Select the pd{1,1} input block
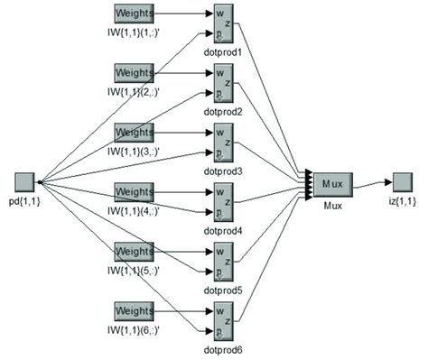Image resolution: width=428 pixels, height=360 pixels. [25, 181]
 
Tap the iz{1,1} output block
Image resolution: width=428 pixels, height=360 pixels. [403, 182]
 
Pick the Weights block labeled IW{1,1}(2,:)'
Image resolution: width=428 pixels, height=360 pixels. [134, 72]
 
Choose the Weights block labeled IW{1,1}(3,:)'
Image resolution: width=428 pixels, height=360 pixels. [134, 132]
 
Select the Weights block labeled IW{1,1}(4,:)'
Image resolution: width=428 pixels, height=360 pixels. [134, 191]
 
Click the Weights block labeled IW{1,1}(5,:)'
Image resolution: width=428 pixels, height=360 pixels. [134, 251]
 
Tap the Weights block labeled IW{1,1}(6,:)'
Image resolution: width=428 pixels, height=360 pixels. [134, 310]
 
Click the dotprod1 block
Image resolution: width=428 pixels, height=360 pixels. [221, 24]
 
